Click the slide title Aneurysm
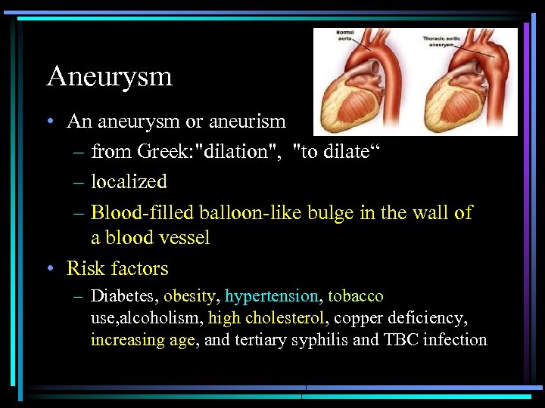click(x=109, y=77)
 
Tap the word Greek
click(x=163, y=152)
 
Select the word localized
click(x=129, y=182)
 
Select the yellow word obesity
click(x=189, y=296)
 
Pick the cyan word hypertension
click(x=272, y=296)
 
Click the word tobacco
click(x=356, y=296)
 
